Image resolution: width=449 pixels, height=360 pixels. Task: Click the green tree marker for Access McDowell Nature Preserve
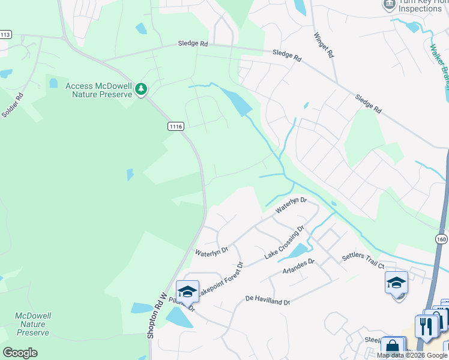(141, 89)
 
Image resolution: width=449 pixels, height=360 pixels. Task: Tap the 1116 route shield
(175, 126)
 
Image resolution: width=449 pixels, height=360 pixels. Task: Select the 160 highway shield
(442, 239)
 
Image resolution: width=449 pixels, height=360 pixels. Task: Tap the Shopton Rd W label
(157, 315)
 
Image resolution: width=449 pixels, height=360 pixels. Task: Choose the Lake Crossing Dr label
(285, 243)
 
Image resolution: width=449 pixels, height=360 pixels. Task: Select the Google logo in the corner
(20, 353)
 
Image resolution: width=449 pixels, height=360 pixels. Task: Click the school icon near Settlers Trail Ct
(397, 283)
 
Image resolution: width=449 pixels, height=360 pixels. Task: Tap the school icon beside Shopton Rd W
(187, 292)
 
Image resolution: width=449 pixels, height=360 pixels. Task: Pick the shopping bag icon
(392, 347)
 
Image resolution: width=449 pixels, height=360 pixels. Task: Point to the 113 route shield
(5, 35)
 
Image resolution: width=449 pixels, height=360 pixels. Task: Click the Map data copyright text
(412, 355)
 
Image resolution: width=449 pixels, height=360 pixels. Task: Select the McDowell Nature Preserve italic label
(32, 324)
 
